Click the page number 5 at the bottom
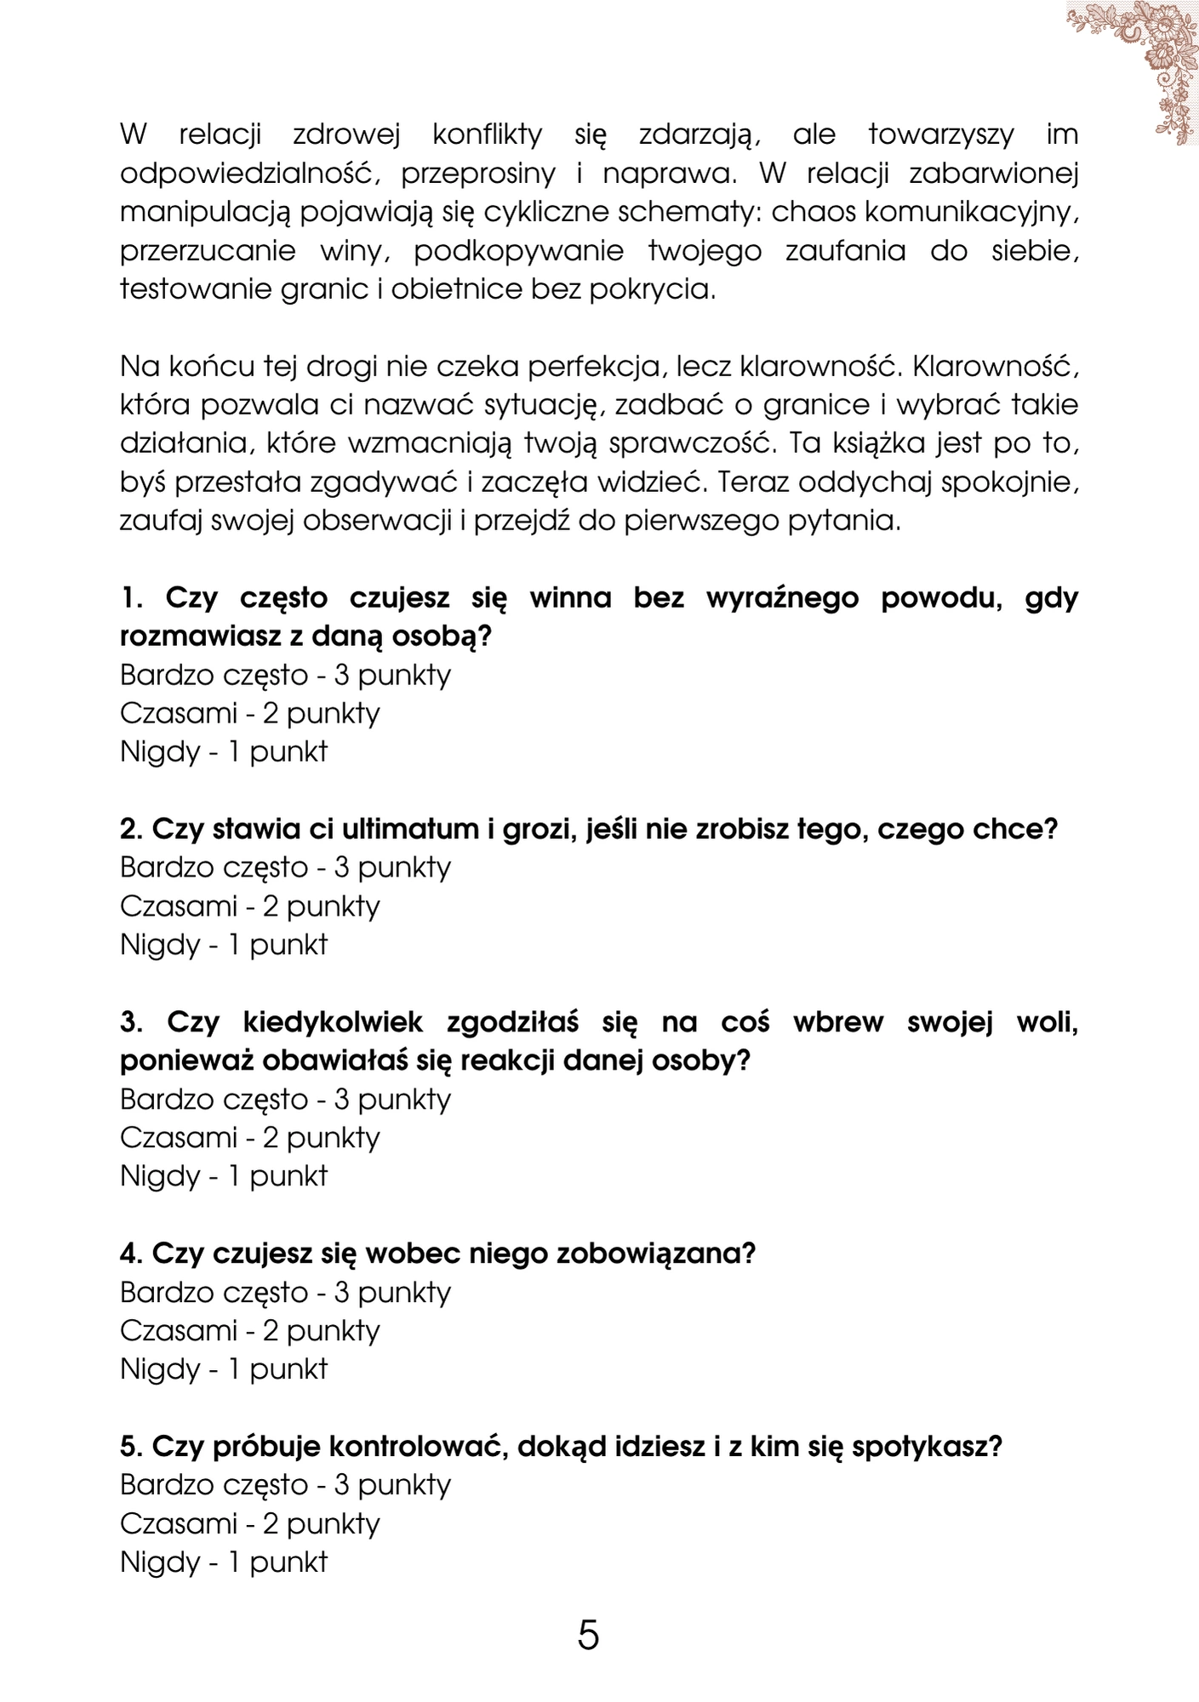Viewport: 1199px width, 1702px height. (x=588, y=1635)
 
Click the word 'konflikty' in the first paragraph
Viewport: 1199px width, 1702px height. (x=487, y=134)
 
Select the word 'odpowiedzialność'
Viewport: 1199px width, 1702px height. (x=248, y=174)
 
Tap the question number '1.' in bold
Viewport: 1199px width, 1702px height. (x=132, y=597)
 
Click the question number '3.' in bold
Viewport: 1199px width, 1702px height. (x=132, y=1022)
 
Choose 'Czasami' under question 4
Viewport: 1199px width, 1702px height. (x=178, y=1330)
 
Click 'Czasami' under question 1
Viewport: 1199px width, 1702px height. (x=178, y=713)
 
